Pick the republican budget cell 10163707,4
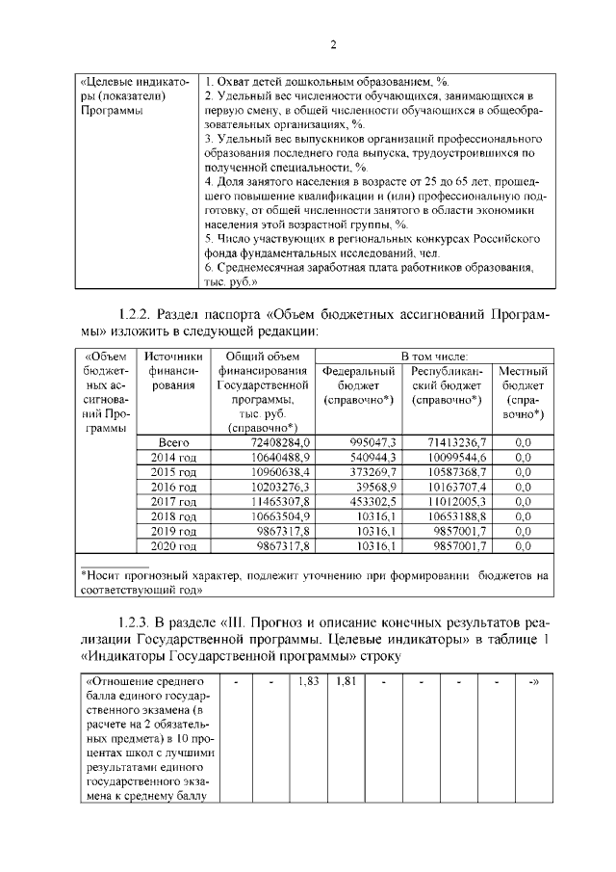452,487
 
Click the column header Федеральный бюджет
360,384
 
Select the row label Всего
172,441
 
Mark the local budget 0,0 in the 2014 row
524,457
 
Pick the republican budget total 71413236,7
449,441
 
